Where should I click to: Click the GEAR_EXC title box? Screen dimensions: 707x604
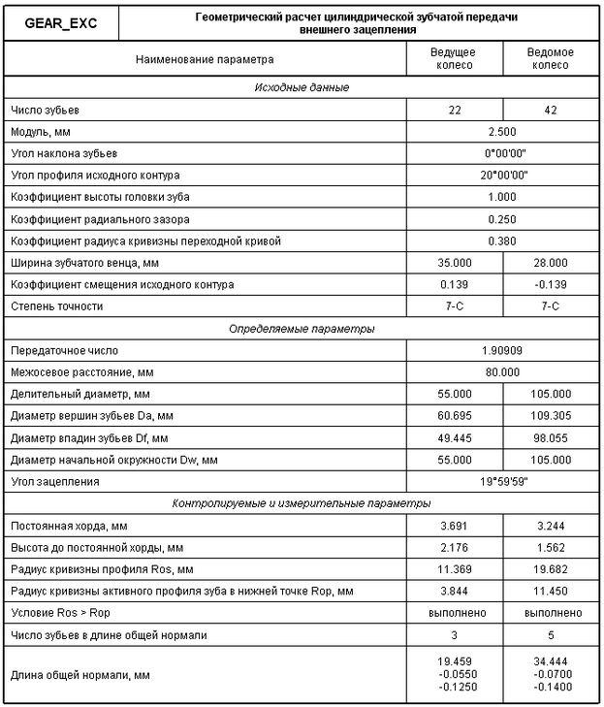61,21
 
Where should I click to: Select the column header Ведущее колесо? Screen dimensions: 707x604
455,58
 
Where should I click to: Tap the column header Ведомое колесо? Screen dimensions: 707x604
551,58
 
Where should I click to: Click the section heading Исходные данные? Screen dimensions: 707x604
302,88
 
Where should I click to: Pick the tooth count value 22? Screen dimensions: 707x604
455,110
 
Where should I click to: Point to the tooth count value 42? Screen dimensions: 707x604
551,110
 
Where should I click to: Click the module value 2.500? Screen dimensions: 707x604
502,131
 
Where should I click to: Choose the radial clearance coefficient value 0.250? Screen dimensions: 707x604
502,218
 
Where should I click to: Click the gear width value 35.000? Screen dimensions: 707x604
455,262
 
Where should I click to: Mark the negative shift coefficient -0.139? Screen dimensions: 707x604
551,284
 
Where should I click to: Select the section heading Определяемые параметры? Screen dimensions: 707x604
302,329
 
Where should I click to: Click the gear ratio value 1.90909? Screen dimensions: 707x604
502,350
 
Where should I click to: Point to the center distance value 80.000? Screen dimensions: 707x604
502,371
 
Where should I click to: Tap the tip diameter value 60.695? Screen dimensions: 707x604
455,415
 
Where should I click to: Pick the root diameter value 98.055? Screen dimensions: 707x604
551,437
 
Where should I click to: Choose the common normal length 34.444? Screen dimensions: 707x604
551,660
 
